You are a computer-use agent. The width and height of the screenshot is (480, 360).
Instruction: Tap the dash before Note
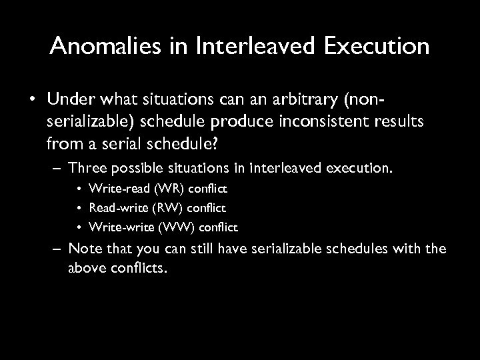point(56,250)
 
